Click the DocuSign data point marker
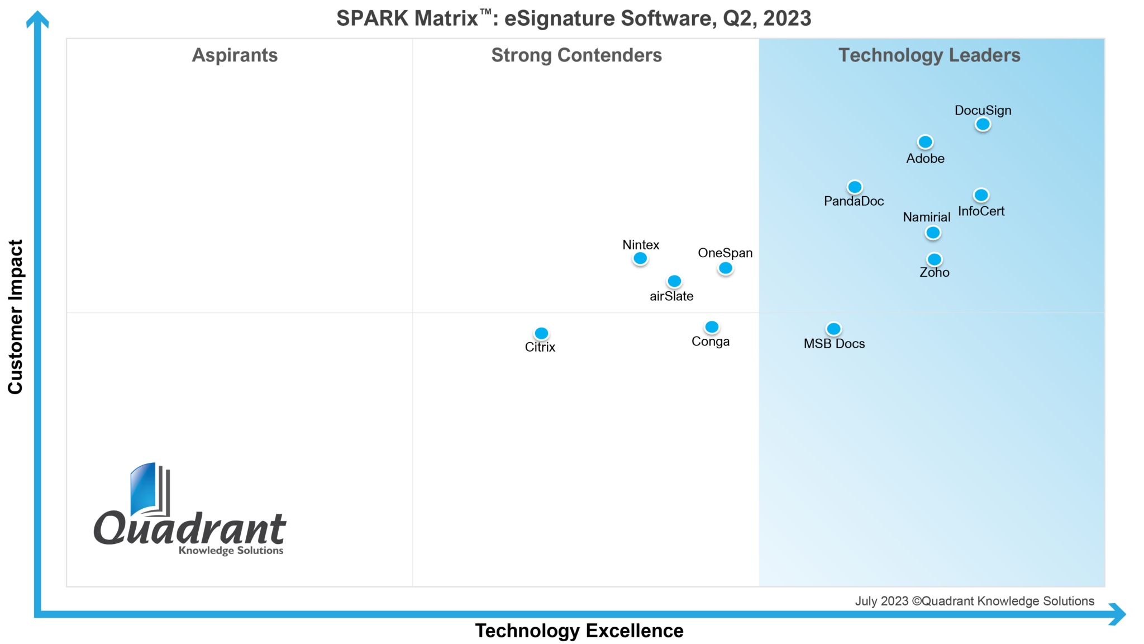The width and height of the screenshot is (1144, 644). (x=983, y=124)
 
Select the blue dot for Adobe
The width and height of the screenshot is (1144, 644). (x=925, y=142)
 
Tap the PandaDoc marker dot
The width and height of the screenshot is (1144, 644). (x=855, y=187)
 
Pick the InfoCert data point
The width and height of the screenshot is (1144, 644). (x=981, y=195)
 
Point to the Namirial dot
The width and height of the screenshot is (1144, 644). (x=933, y=233)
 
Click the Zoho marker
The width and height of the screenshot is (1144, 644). (x=934, y=259)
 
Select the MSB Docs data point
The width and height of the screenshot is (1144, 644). (x=833, y=329)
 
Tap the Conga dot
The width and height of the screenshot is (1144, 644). (x=712, y=327)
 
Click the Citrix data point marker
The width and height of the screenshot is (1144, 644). (x=541, y=333)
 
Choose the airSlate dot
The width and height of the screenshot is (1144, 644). (x=674, y=281)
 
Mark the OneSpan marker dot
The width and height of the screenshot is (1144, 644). (x=725, y=268)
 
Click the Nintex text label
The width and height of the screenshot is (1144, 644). (x=641, y=245)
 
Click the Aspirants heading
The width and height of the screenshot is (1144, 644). (x=235, y=55)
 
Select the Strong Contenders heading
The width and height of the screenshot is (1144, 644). (x=576, y=55)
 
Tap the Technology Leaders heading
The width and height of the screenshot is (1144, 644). (x=929, y=55)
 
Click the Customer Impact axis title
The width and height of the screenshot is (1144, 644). (x=16, y=316)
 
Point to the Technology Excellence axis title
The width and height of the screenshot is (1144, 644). (x=579, y=631)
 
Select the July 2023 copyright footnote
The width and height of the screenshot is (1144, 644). (x=974, y=601)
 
